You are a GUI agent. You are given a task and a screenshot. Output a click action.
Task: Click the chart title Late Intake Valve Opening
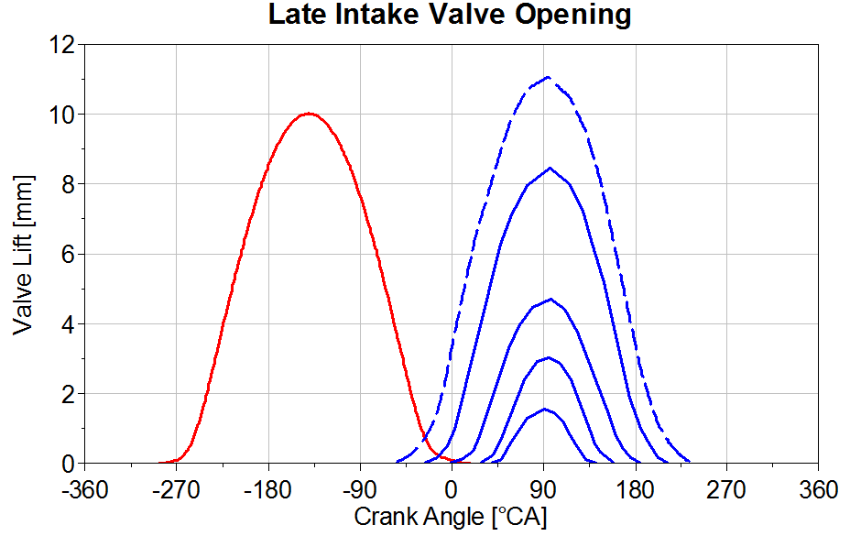(449, 16)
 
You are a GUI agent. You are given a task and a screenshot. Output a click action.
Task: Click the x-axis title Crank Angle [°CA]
(451, 517)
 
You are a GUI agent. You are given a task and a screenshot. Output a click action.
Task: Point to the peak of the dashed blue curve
(548, 77)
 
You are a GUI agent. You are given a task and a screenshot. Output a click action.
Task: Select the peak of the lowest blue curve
(545, 409)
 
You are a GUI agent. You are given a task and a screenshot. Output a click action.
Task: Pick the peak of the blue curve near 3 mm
(547, 357)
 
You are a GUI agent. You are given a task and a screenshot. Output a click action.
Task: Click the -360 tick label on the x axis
(84, 490)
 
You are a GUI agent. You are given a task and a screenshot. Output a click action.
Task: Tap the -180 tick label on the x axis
(267, 490)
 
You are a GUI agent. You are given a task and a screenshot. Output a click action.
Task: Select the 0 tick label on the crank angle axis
(452, 490)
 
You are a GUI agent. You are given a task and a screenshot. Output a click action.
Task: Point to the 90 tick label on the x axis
(544, 490)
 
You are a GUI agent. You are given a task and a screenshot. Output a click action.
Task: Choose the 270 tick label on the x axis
(726, 490)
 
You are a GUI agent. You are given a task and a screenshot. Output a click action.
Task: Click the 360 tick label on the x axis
(818, 490)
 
